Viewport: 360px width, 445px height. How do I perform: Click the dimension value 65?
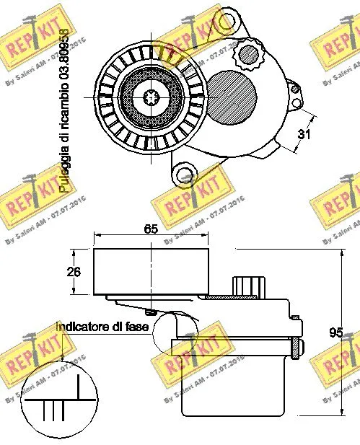(150, 229)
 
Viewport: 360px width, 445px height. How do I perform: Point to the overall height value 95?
(335, 332)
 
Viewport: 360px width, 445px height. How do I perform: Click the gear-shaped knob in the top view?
(249, 53)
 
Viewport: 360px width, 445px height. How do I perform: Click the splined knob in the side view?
(248, 285)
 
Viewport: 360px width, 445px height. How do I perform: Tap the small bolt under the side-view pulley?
(150, 312)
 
